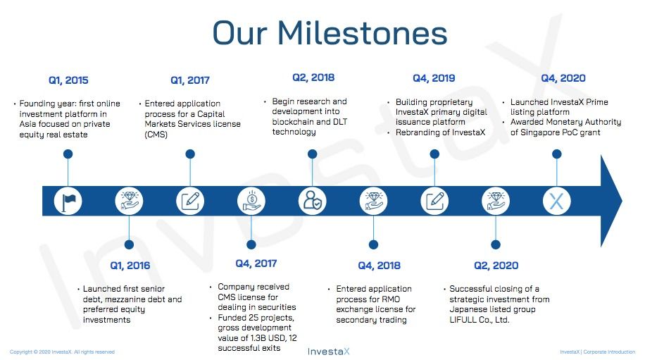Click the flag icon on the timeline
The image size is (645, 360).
68,201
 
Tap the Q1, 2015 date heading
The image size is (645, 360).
68,80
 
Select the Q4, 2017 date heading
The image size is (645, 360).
256,263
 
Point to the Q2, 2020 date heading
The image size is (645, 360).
496,266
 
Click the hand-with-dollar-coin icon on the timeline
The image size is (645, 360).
251,201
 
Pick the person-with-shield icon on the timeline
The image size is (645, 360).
312,201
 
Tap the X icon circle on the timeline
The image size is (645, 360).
556,201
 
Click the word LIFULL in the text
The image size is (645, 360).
463,320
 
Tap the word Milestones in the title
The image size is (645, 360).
362,33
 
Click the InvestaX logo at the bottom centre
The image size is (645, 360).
329,352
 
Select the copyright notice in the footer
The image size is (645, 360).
62,352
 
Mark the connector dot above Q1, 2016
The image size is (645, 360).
129,244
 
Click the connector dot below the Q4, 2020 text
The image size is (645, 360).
556,154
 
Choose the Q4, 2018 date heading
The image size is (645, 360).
379,266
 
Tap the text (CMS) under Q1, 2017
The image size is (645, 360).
156,135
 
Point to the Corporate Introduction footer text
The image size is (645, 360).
609,352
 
